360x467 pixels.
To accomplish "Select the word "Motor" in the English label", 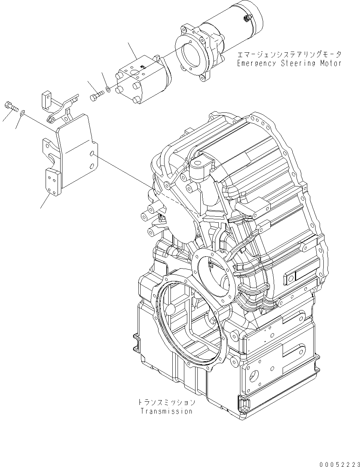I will tap(331, 63).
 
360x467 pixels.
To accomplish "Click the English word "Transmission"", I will tap(166, 411).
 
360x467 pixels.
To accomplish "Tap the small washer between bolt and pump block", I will tap(108, 89).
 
